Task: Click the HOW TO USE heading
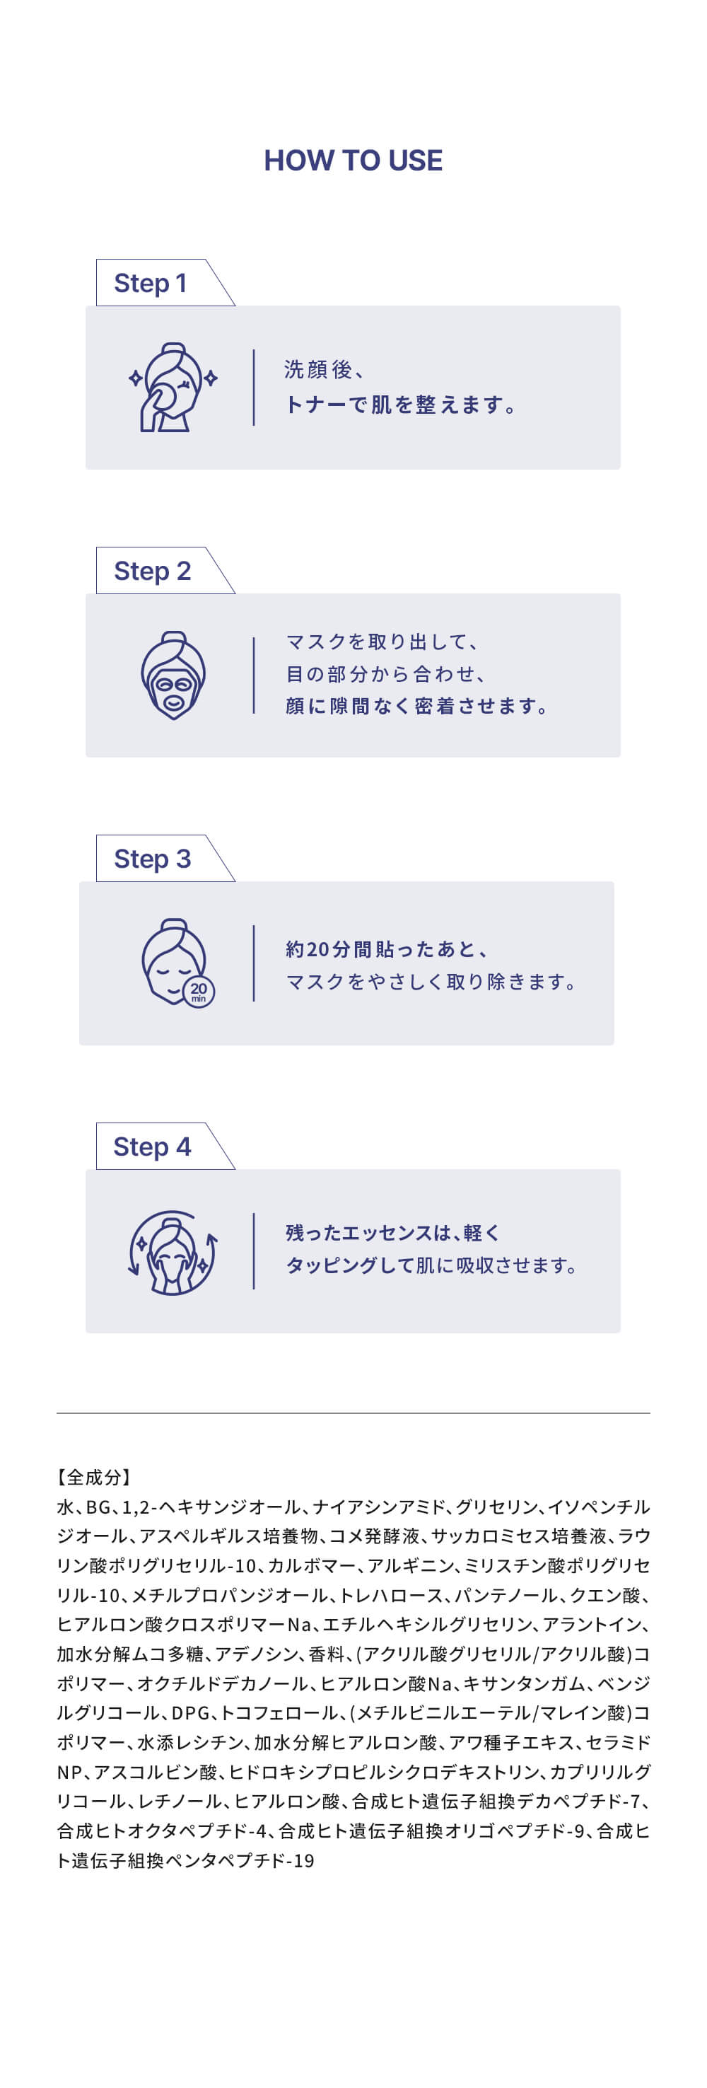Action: point(353,160)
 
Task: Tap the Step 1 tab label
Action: point(151,283)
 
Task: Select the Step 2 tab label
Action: point(152,571)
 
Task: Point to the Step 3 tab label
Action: point(152,859)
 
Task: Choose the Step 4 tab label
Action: point(152,1146)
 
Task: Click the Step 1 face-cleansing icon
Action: point(173,387)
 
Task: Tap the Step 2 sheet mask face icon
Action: point(173,675)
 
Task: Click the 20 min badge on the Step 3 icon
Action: point(199,992)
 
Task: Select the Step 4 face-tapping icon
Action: point(173,1253)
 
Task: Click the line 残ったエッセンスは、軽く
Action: point(393,1233)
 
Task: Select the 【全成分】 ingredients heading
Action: point(94,1477)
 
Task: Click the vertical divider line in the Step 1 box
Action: point(254,388)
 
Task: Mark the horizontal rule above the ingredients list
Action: point(353,1413)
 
